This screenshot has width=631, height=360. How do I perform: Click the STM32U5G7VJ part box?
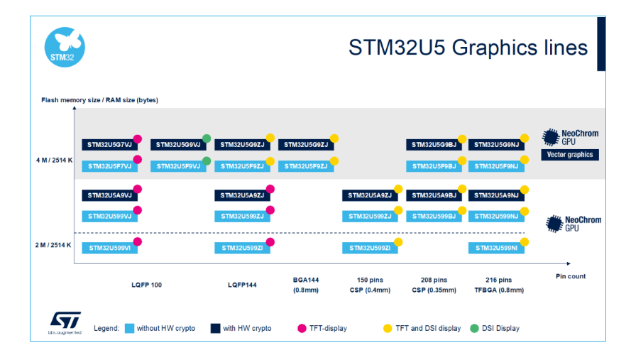click(x=110, y=145)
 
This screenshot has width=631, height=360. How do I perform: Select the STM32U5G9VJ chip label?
click(x=178, y=145)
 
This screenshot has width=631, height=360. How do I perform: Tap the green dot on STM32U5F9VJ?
click(x=207, y=161)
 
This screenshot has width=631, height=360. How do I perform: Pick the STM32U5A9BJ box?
click(x=434, y=195)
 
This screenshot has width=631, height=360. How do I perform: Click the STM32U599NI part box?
click(x=496, y=248)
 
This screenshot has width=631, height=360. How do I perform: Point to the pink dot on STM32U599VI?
click(x=138, y=241)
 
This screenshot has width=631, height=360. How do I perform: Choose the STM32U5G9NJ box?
click(x=496, y=145)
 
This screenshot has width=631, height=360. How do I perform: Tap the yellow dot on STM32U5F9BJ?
click(x=462, y=160)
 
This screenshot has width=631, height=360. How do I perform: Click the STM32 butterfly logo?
click(x=65, y=47)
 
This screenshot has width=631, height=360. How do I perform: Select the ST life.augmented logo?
click(x=65, y=322)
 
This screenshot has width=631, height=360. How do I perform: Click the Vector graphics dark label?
click(x=570, y=155)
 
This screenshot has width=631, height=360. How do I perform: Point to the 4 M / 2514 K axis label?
click(x=55, y=160)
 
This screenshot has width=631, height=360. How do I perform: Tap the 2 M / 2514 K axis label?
click(x=53, y=245)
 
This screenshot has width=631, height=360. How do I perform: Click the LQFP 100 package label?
click(x=146, y=285)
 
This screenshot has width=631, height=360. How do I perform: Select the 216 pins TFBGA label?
click(x=499, y=285)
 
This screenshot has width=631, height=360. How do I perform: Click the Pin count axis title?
click(x=571, y=276)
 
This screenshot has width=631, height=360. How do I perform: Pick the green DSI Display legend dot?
click(x=474, y=329)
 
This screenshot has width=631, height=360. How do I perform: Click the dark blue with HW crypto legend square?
click(x=215, y=329)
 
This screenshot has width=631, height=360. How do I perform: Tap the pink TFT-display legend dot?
click(x=302, y=329)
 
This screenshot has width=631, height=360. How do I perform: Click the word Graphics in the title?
click(x=495, y=48)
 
